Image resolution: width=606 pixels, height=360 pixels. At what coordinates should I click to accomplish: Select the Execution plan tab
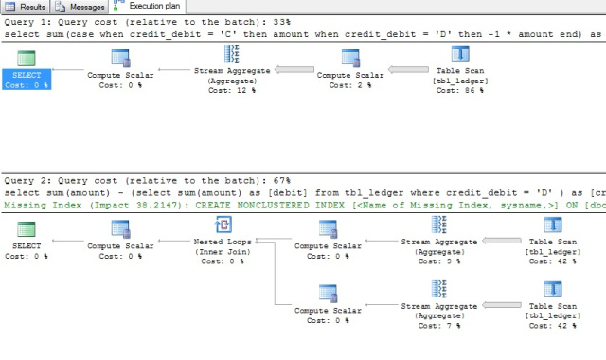point(142,8)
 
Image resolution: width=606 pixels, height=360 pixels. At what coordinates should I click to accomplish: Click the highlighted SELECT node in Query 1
point(26,79)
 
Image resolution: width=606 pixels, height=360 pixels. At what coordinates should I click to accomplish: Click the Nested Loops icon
point(224,225)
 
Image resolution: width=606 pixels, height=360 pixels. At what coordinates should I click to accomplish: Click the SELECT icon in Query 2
point(27,229)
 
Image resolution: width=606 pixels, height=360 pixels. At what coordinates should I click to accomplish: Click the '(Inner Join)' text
point(224,251)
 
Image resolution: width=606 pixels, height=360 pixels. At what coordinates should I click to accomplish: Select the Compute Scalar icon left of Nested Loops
point(120,229)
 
